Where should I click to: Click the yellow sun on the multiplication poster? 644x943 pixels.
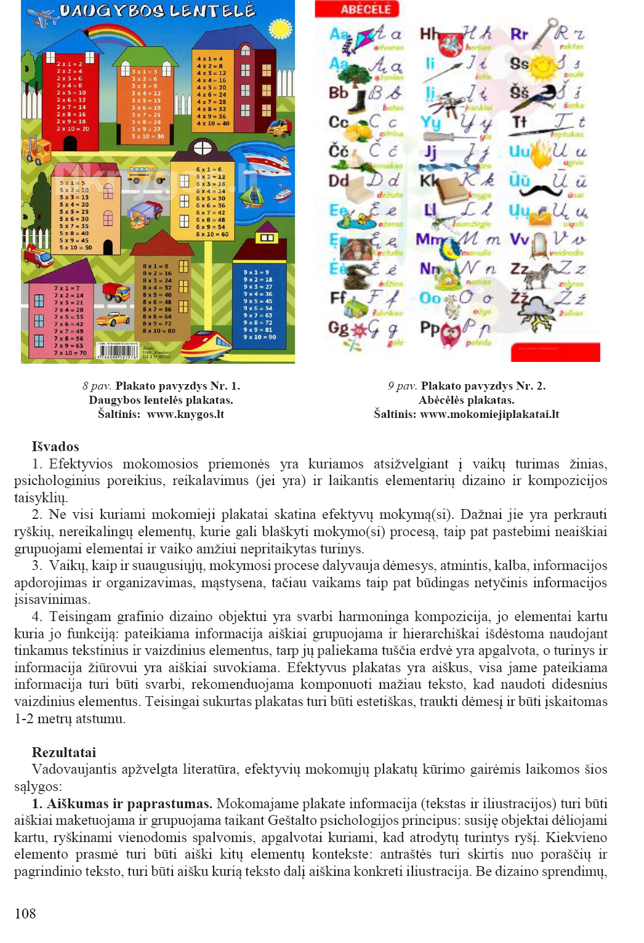click(x=280, y=28)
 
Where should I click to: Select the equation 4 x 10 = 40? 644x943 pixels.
click(x=213, y=123)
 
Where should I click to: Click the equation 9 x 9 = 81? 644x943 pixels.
click(x=259, y=330)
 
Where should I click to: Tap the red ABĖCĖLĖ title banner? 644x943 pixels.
click(x=357, y=9)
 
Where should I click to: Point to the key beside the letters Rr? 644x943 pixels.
click(x=542, y=34)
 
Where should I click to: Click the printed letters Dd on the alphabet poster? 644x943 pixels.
click(x=339, y=181)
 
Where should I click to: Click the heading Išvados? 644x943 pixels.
click(x=55, y=447)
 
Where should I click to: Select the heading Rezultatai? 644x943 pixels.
click(x=64, y=752)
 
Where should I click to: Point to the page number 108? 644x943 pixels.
click(x=25, y=913)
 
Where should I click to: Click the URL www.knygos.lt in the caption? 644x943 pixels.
click(x=185, y=414)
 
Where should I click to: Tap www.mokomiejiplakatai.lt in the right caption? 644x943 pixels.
click(x=489, y=414)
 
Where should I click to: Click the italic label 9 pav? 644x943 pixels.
click(x=403, y=387)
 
